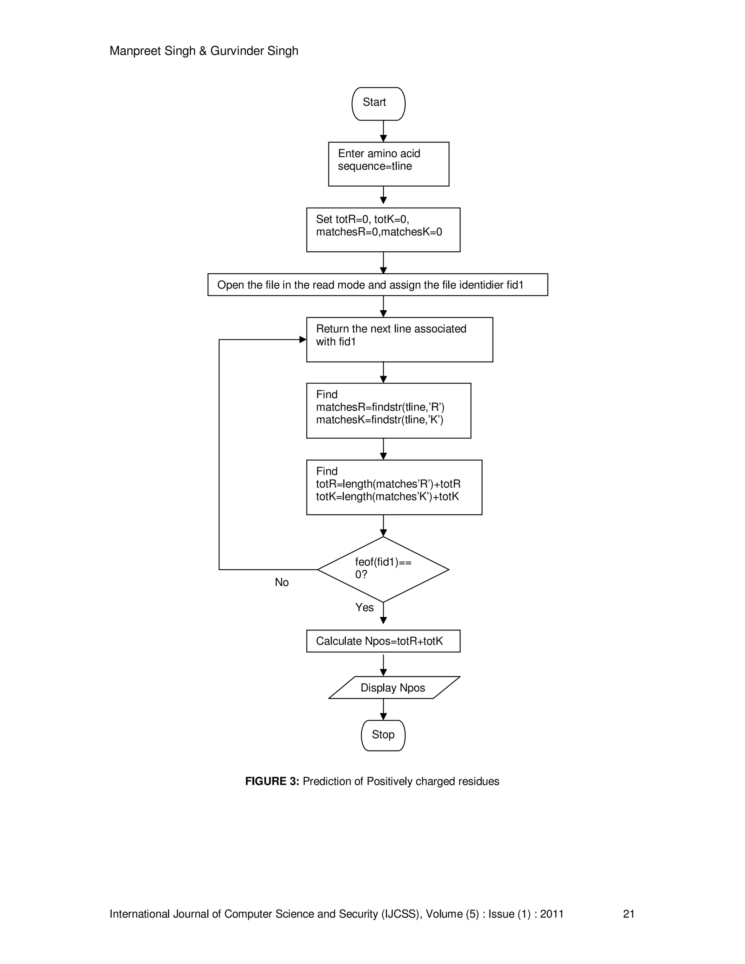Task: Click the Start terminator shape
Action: (x=378, y=104)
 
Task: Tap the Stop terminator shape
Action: (x=383, y=735)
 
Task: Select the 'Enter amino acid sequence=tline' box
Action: (x=389, y=164)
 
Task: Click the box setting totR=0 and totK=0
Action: (x=383, y=230)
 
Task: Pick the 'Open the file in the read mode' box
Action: (x=377, y=285)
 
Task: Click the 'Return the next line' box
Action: (x=399, y=339)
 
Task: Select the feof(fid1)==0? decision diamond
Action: (x=383, y=569)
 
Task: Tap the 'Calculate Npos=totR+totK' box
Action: (x=383, y=641)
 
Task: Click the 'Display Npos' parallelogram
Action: (x=393, y=688)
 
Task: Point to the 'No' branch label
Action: (x=282, y=582)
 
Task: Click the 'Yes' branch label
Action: (x=364, y=608)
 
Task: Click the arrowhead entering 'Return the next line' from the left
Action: (x=303, y=339)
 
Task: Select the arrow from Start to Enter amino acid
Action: (x=383, y=131)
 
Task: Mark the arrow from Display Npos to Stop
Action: (x=383, y=709)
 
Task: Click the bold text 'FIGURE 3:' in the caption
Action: (x=272, y=781)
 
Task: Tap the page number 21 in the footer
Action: (x=629, y=914)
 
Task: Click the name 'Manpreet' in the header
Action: (x=135, y=51)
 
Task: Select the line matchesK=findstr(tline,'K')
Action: (x=379, y=419)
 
